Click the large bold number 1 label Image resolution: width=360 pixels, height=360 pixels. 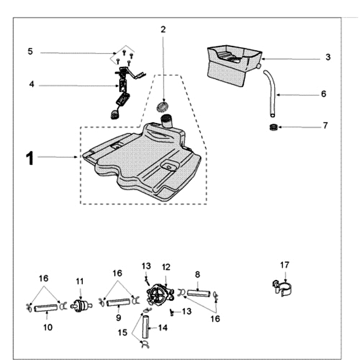pyautogui.click(x=30, y=158)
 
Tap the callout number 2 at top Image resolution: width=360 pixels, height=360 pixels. pyautogui.click(x=163, y=30)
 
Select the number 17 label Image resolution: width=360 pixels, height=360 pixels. pyautogui.click(x=284, y=265)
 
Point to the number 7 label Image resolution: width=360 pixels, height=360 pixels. pyautogui.click(x=325, y=126)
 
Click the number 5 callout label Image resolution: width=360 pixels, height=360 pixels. pyautogui.click(x=30, y=51)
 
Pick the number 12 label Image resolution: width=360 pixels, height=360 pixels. pyautogui.click(x=166, y=267)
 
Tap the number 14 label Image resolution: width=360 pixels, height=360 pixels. pyautogui.click(x=163, y=328)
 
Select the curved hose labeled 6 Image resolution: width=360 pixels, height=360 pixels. pyautogui.click(x=271, y=90)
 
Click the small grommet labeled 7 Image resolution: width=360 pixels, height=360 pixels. pyautogui.click(x=272, y=127)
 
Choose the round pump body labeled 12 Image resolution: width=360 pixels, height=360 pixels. pyautogui.click(x=160, y=294)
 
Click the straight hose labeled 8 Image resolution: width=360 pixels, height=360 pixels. pyautogui.click(x=198, y=293)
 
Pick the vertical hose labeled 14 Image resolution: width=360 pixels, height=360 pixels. pyautogui.click(x=146, y=328)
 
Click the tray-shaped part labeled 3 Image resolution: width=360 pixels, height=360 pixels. pyautogui.click(x=232, y=63)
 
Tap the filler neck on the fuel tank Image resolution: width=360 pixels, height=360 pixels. pyautogui.click(x=167, y=120)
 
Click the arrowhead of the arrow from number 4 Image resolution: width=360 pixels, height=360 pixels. pyautogui.click(x=118, y=85)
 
